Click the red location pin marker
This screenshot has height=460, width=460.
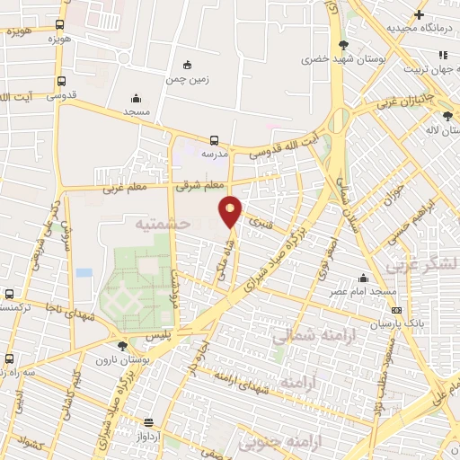231,211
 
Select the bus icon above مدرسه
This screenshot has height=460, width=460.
214,140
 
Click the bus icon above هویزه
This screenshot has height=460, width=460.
59,25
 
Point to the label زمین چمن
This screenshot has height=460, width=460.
187,78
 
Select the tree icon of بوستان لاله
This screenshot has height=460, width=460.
448,115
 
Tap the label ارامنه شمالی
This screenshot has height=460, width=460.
305,336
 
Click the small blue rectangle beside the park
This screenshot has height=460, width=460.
84,271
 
